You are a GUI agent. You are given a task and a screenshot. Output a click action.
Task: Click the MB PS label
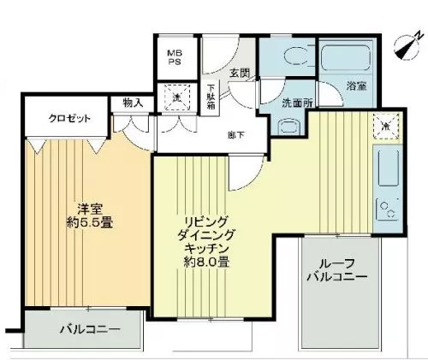175,57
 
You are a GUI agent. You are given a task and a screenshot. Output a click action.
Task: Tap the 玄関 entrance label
240,74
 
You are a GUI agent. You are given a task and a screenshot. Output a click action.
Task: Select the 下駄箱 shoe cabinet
211,97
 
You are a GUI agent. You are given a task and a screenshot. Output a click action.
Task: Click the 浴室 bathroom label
356,86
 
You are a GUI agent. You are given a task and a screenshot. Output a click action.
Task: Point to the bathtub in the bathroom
346,58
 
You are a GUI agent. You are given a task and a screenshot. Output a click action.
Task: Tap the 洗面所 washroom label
297,103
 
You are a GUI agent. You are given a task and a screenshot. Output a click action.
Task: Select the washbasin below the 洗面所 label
289,126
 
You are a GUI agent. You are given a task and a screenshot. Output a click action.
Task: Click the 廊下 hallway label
236,135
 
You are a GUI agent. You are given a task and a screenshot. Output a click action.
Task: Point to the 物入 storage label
133,103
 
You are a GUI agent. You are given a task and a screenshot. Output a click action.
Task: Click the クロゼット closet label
69,118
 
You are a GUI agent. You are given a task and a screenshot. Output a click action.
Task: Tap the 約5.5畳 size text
90,222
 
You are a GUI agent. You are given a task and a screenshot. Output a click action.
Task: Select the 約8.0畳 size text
206,262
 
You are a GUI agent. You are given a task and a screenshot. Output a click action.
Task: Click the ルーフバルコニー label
337,270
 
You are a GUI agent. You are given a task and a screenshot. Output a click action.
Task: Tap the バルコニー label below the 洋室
90,330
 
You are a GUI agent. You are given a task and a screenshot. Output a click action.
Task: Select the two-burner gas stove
388,210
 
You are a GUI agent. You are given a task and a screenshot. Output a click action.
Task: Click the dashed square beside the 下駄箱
177,97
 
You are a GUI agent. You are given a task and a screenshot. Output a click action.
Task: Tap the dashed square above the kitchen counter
386,126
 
